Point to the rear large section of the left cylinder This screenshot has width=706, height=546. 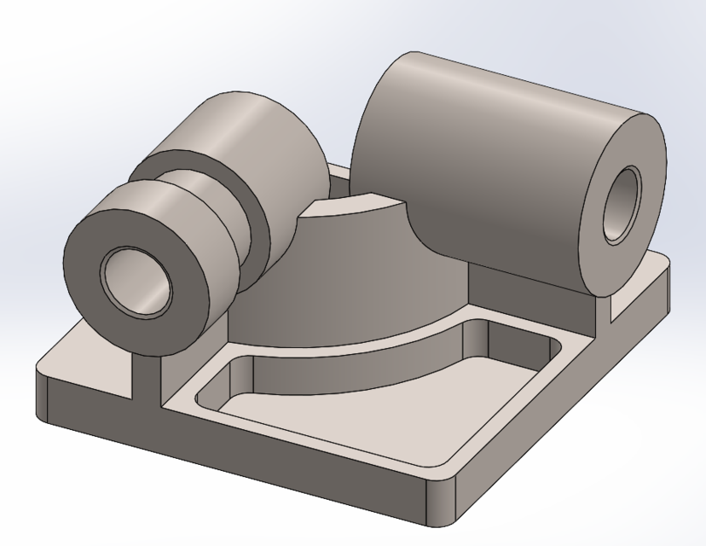click(256, 136)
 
